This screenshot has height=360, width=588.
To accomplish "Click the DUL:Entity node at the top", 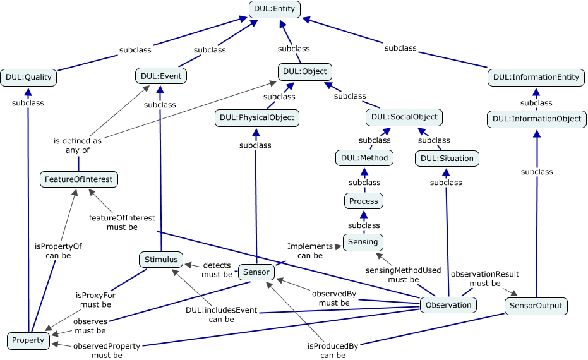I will point(275,9).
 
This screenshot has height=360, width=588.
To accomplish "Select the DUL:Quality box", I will point(28,78).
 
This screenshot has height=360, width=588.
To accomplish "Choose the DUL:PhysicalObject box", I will point(256,117).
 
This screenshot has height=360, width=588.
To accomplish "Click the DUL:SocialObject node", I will point(404,117).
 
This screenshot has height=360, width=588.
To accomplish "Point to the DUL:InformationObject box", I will point(537,119).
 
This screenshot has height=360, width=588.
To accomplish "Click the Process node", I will point(364,201).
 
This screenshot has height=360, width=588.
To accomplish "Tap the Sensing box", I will point(364,242).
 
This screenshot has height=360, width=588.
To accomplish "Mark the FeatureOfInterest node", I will point(79,179).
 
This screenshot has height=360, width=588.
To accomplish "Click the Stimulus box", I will point(161,259).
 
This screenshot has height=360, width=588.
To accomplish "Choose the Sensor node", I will point(256,273).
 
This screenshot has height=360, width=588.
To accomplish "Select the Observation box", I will point(448,305).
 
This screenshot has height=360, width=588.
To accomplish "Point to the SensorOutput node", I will point(536,306).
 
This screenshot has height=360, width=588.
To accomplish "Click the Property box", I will point(28,340).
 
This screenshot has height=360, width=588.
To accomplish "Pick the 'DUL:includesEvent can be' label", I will point(220,315).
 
